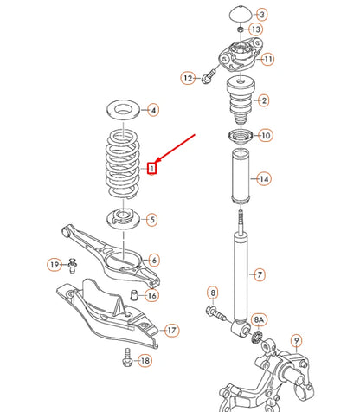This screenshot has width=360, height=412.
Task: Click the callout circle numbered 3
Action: pos(263,15)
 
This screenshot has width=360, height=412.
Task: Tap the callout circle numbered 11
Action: pos(268,59)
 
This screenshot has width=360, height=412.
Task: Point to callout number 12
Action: pos(188,78)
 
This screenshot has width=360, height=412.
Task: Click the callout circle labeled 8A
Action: pos(260,320)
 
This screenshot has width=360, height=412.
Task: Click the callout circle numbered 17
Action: pos(171,330)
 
